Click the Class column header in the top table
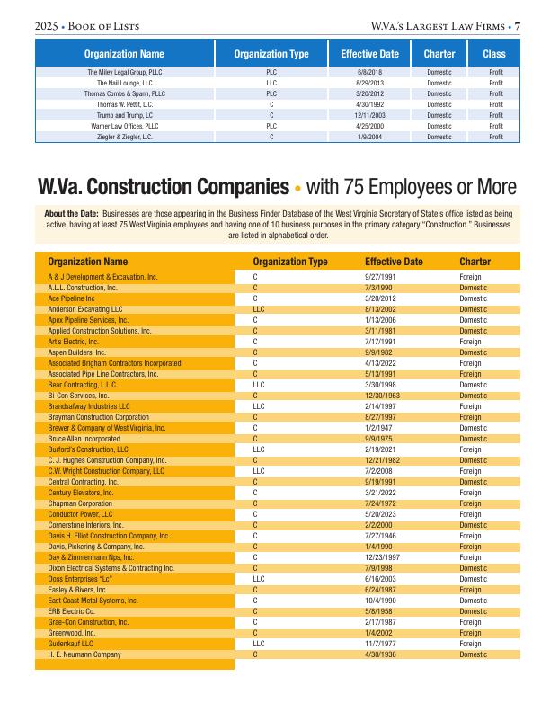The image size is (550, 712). [494, 54]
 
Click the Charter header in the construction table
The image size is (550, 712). [475, 262]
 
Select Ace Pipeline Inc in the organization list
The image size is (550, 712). [72, 298]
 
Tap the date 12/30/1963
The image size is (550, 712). [383, 395]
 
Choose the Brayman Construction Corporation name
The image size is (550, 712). [98, 416]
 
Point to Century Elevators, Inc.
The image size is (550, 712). [80, 493]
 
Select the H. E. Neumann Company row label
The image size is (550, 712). [84, 654]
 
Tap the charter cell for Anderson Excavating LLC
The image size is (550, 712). [474, 308]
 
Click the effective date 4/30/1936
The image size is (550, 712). [383, 654]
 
